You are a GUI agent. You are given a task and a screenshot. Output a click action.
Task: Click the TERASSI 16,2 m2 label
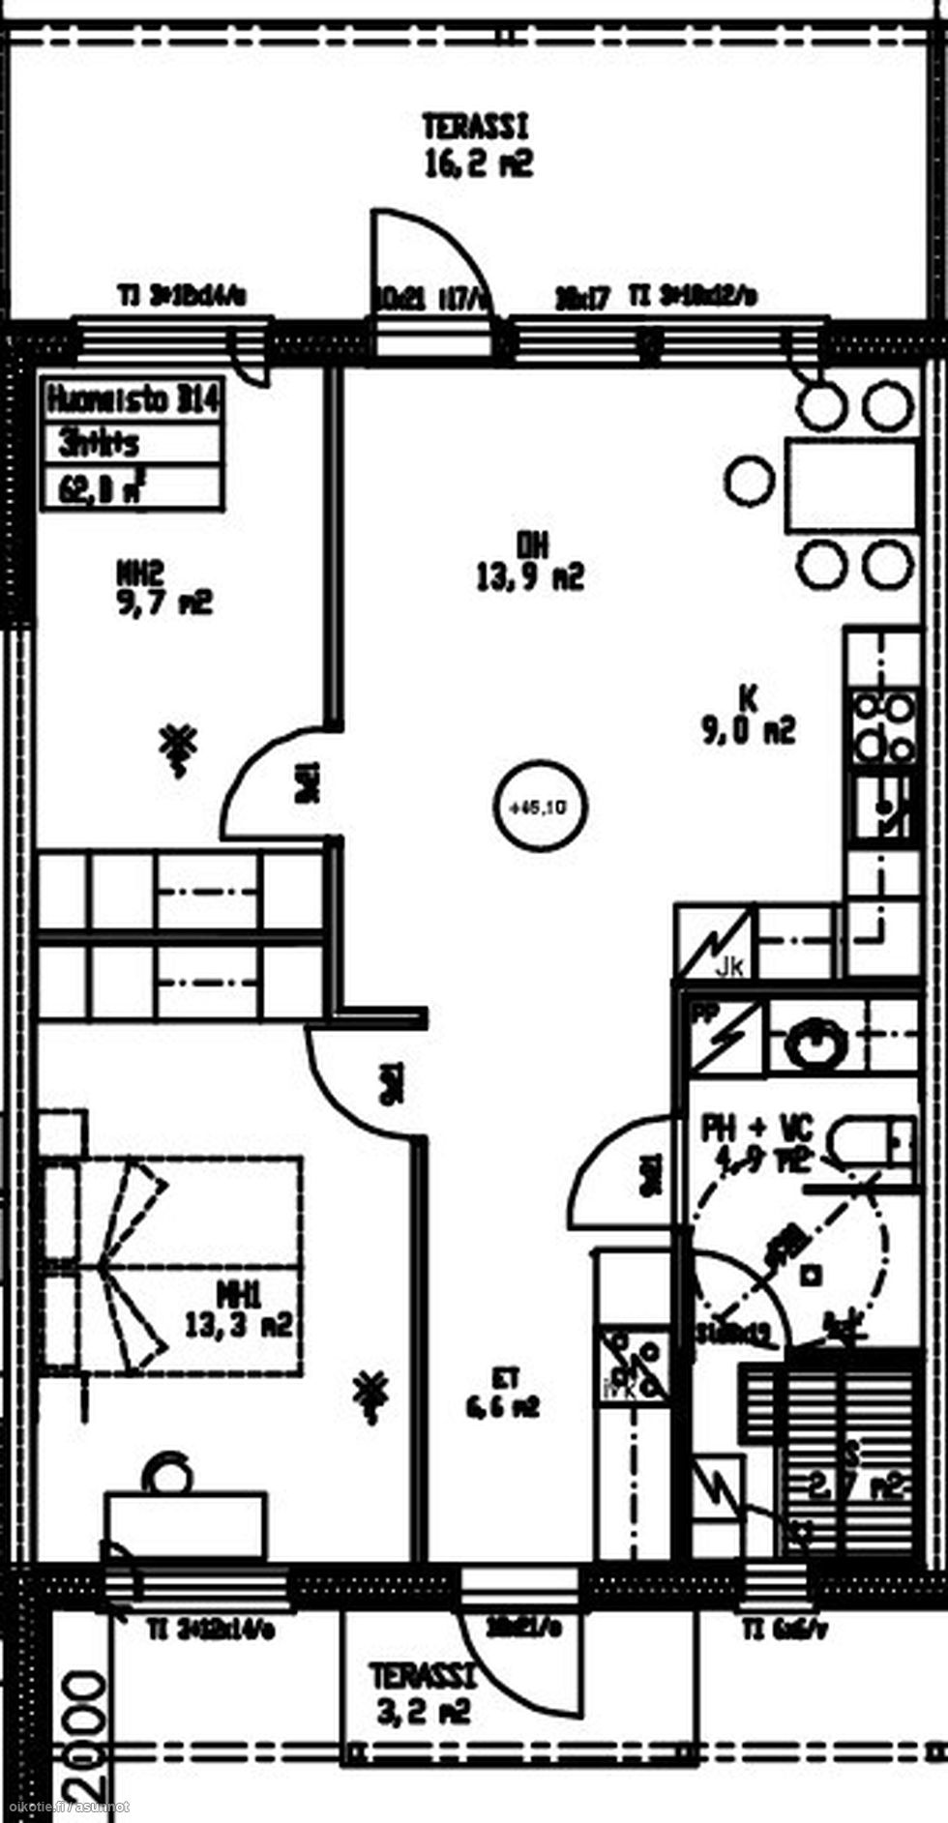click(477, 146)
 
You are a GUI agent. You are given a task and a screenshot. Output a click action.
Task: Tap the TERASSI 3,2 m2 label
click(423, 1694)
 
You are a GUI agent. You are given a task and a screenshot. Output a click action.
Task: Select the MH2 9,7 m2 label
click(163, 589)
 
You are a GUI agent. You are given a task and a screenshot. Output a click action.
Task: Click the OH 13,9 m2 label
click(530, 562)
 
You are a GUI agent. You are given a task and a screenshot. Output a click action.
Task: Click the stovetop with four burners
click(882, 727)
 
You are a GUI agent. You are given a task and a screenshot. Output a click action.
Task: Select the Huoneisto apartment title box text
click(133, 399)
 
